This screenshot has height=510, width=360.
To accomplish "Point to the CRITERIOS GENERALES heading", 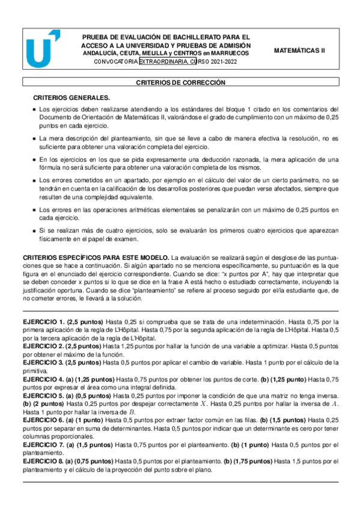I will [71, 97].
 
